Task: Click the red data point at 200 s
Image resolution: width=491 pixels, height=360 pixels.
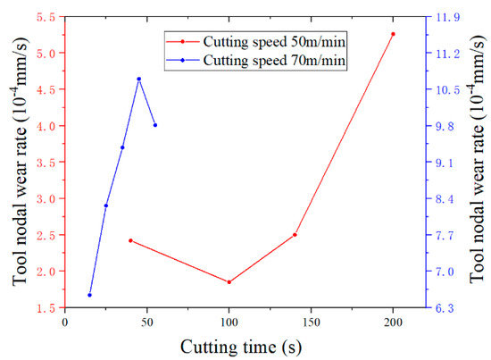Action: coord(393,34)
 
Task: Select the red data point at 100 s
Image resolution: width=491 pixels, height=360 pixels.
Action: coord(229,282)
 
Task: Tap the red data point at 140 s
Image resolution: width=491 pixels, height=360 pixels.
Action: coord(295,235)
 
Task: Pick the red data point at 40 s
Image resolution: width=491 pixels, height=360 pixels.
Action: coord(130,240)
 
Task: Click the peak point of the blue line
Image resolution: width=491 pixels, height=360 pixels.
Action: coord(138,79)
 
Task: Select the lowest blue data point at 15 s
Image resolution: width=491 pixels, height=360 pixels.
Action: coord(89,295)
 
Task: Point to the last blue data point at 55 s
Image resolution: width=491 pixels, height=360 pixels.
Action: coord(155,125)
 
